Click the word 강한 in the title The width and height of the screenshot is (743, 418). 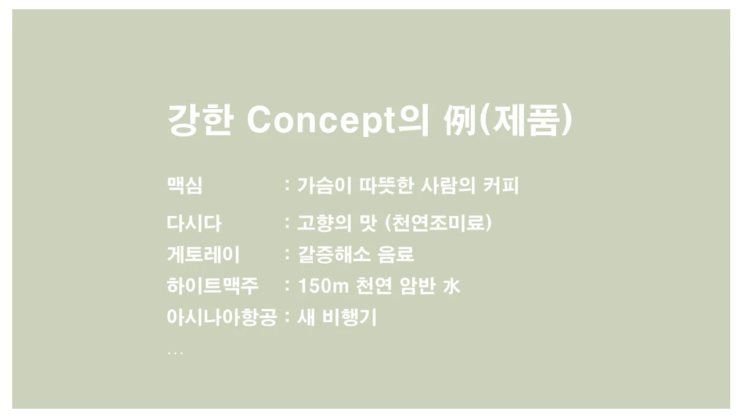[200, 121]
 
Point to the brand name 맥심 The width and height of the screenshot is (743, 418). [185, 186]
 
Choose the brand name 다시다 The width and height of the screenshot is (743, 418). [194, 223]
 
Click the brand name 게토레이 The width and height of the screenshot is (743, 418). [203, 254]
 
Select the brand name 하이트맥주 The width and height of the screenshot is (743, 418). [212, 286]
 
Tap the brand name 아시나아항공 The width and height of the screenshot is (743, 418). [222, 317]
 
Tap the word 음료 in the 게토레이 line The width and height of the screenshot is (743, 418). [396, 254]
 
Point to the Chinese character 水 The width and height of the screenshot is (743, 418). [451, 286]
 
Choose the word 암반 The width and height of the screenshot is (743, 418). [417, 286]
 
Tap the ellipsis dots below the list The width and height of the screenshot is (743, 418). [175, 352]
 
